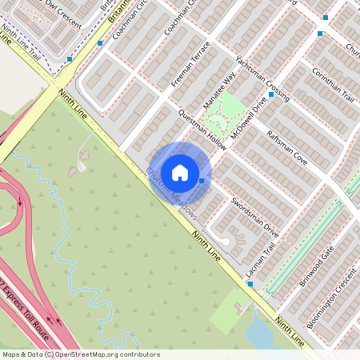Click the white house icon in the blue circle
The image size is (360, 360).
pyautogui.click(x=180, y=172)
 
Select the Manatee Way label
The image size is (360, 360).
pyautogui.click(x=219, y=92)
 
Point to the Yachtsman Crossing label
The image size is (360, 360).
pyautogui.click(x=262, y=78)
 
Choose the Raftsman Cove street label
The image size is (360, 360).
pyautogui.click(x=286, y=146)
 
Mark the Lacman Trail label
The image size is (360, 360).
pyautogui.click(x=261, y=262)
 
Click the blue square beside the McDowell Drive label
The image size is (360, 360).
pyautogui.click(x=271, y=94)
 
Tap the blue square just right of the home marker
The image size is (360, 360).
pyautogui.click(x=202, y=181)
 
